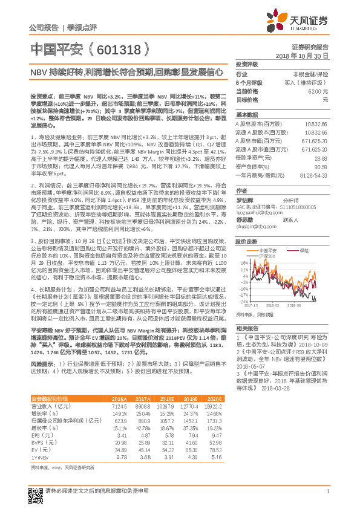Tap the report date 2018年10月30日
click(306, 55)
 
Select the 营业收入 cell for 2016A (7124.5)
click(119, 408)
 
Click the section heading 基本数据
click(246, 114)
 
